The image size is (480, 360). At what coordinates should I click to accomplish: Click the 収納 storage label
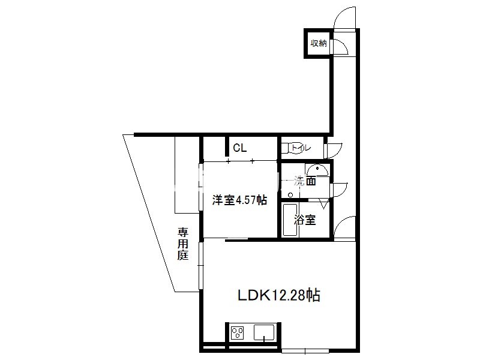[x=319, y=43]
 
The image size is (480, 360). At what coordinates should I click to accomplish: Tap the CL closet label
[x=239, y=148]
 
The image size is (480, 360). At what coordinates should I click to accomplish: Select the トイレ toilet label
[x=301, y=148]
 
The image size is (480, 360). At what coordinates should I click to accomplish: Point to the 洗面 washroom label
[x=305, y=181]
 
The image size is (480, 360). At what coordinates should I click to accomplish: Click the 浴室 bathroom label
[x=305, y=220]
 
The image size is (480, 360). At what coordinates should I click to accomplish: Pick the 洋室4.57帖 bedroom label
[x=239, y=200]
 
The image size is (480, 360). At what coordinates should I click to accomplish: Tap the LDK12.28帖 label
[x=279, y=295]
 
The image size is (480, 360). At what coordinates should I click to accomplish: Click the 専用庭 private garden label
[x=183, y=244]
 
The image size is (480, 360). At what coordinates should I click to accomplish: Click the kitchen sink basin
[x=264, y=332]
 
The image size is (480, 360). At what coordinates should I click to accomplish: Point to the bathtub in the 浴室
[x=290, y=220]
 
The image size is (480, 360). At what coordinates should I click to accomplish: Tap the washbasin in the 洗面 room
[x=317, y=170]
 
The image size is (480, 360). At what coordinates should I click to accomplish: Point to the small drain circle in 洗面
[x=290, y=195]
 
